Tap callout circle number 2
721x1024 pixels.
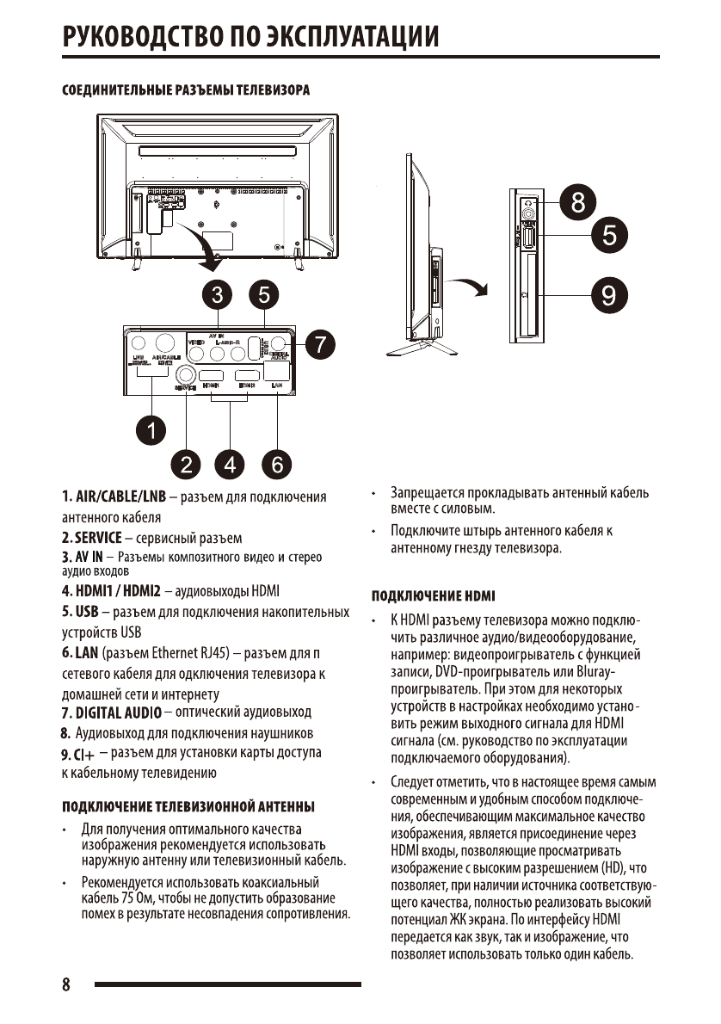click(x=186, y=464)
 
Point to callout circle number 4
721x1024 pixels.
click(x=231, y=464)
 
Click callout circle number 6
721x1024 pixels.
click(x=276, y=464)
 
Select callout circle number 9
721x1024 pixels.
click(x=608, y=296)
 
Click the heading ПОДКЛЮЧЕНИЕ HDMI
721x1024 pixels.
click(x=433, y=595)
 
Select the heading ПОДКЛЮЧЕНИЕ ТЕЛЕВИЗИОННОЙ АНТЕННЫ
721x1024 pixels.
click(x=187, y=806)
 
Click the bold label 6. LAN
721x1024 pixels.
click(x=79, y=653)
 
